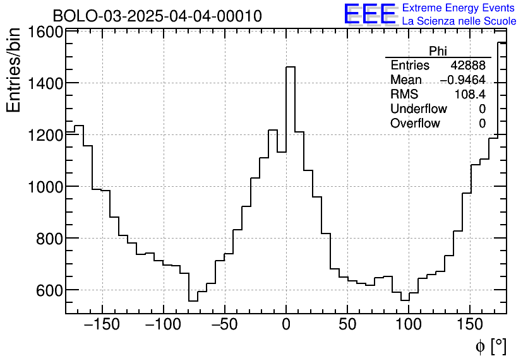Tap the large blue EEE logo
pyautogui.click(x=369, y=15)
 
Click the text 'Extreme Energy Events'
pyautogui.click(x=459, y=8)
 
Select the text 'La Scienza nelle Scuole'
pyautogui.click(x=459, y=21)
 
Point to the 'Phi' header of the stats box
pyautogui.click(x=438, y=51)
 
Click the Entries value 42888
pyautogui.click(x=468, y=66)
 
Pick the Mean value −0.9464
pyautogui.click(x=462, y=80)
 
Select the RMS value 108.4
pyautogui.click(x=470, y=95)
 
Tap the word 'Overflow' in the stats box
pyautogui.click(x=415, y=124)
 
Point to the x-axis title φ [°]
pyautogui.click(x=490, y=346)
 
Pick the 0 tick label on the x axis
pyautogui.click(x=286, y=326)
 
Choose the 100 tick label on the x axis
pyautogui.click(x=409, y=326)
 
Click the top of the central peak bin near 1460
pyautogui.click(x=291, y=67)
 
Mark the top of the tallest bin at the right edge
pyautogui.click(x=502, y=42)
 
